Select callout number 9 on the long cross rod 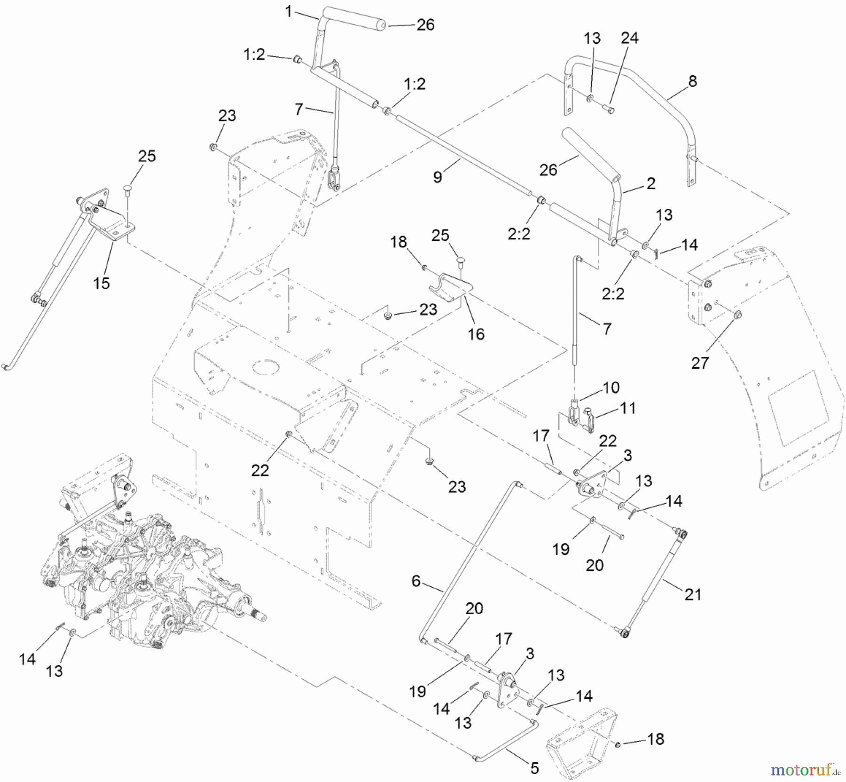click(438, 177)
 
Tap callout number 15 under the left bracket click(101, 283)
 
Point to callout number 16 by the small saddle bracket click(476, 334)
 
